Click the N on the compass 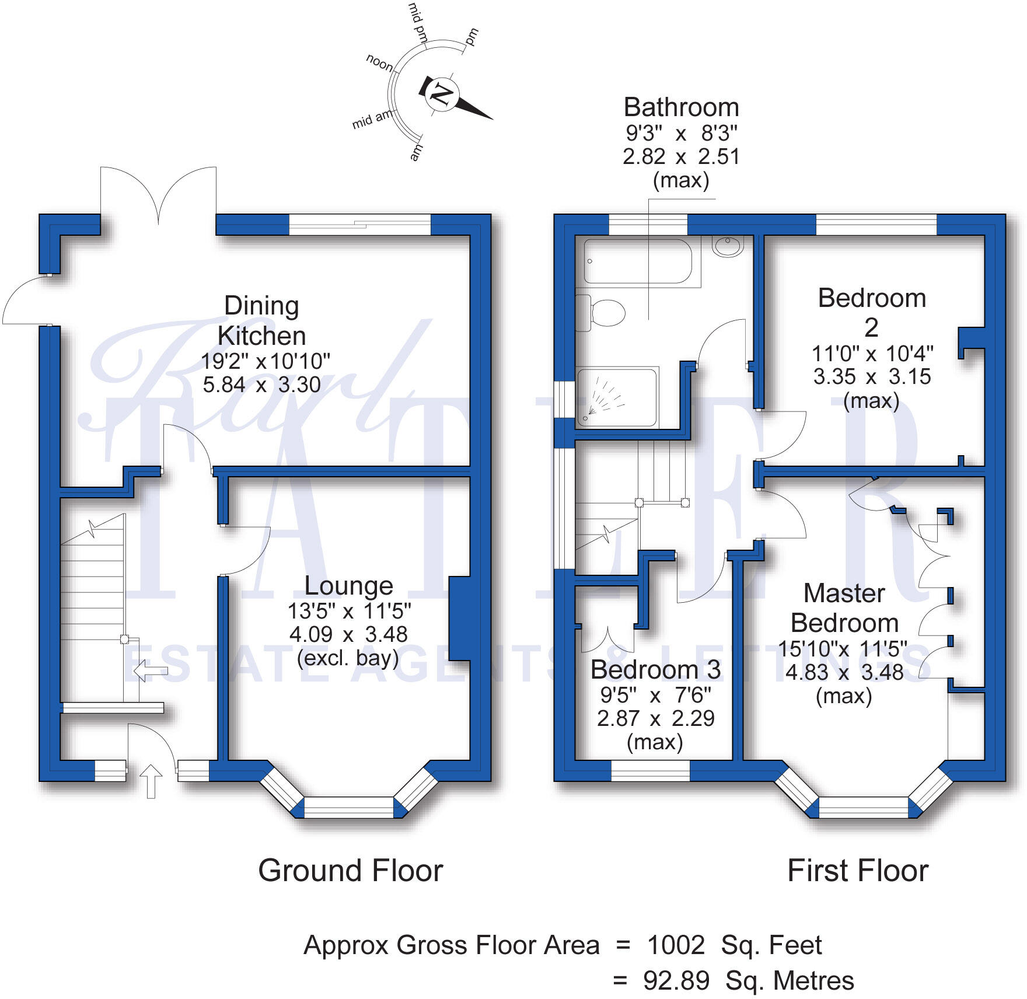[441, 94]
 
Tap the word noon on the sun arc [379, 62]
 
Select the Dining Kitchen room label [262, 320]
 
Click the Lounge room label [349, 585]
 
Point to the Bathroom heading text [682, 107]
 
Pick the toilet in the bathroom [600, 313]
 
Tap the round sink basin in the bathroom [728, 246]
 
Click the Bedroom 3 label [655, 669]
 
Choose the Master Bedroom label [844, 608]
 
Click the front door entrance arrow [151, 781]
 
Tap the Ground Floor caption [351, 871]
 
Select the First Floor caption [858, 871]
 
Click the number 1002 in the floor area [676, 945]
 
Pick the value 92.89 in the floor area [676, 981]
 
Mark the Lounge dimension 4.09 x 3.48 [348, 634]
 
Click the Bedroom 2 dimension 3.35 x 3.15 [872, 377]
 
